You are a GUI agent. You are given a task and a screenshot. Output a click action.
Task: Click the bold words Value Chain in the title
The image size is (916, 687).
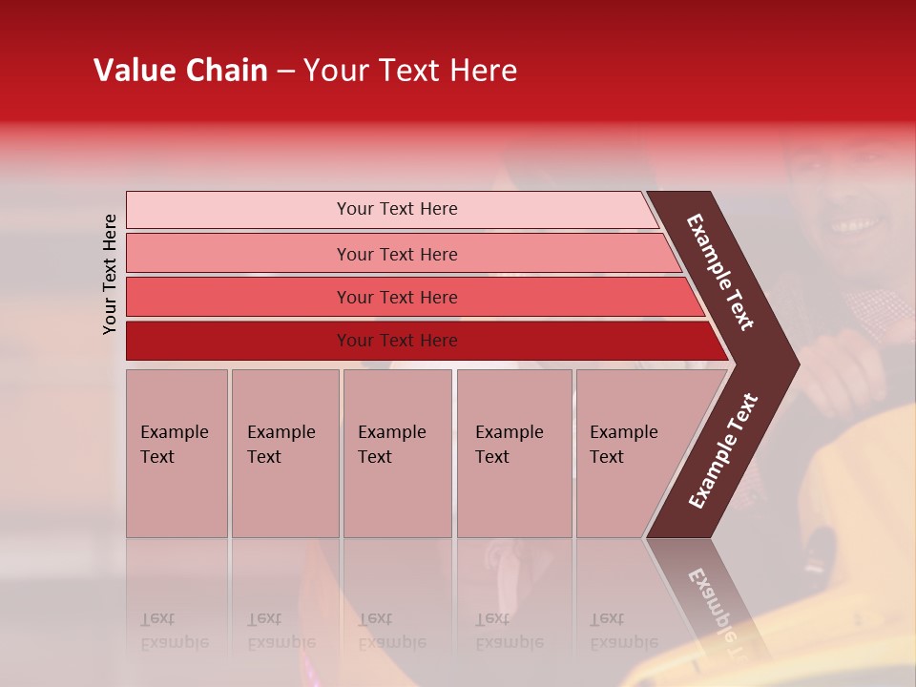click(180, 71)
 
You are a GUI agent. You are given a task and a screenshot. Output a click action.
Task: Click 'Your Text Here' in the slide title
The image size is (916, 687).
click(410, 71)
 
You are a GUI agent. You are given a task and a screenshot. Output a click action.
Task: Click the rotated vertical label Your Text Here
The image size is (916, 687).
click(110, 274)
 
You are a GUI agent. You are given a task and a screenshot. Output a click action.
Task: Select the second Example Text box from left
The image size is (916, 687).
click(284, 453)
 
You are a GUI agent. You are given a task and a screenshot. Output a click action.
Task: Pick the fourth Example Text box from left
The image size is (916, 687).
click(513, 453)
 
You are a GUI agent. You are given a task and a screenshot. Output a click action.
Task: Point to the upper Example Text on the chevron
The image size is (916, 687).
click(720, 272)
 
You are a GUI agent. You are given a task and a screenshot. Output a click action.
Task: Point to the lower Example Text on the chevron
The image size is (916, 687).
click(723, 450)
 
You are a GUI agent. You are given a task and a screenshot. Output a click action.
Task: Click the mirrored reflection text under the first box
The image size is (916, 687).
click(175, 631)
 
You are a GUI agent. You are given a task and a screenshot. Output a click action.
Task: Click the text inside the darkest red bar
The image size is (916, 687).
click(397, 341)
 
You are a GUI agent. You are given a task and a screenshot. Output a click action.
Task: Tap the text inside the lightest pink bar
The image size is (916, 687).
click(397, 209)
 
